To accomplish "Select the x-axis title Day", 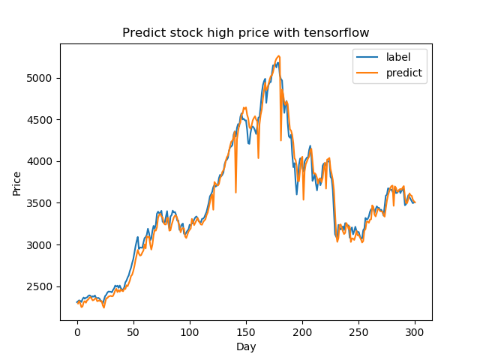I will coord(246,346).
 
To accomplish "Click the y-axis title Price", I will coord(16,182).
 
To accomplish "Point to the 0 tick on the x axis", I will coord(77,331).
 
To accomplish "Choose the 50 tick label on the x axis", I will coord(133,331).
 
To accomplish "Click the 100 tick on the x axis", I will coord(190,331).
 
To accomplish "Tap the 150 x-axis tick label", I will coord(246,331).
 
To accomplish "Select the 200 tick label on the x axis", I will coord(302,331).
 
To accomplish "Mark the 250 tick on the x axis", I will coord(358,331).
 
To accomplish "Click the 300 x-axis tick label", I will coord(415,331).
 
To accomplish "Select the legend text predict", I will coord(404,73).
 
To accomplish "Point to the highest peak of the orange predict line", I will coord(278,55).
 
